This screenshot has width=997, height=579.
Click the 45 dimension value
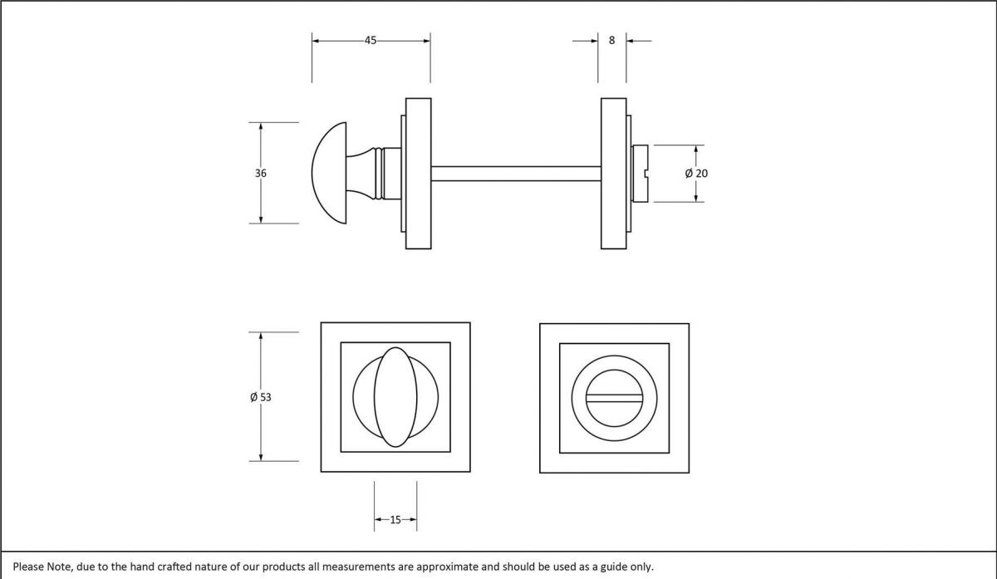[371, 40]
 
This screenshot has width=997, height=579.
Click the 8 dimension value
[612, 40]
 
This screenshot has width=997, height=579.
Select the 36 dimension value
[261, 174]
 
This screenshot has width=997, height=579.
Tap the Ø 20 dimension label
[696, 174]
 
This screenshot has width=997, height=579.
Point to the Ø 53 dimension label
[260, 397]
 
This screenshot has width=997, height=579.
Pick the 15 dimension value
[395, 520]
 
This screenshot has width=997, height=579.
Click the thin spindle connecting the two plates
[515, 174]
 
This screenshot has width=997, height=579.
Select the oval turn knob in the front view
[395, 397]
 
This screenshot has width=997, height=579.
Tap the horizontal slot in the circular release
[613, 397]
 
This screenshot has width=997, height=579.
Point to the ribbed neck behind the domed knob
[381, 173]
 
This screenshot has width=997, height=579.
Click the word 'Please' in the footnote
[31, 567]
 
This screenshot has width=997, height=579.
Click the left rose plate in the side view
[418, 173]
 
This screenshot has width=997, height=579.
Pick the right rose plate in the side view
[613, 173]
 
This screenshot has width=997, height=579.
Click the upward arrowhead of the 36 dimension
[261, 127]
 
